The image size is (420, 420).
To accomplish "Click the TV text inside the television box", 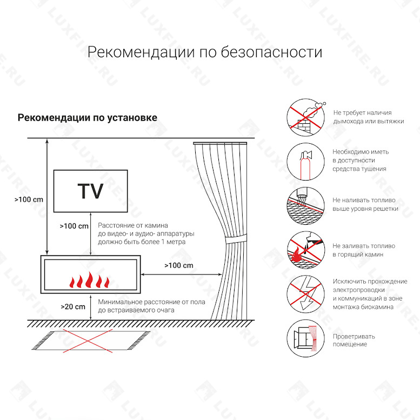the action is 90,191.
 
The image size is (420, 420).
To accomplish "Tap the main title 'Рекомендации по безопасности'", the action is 205,52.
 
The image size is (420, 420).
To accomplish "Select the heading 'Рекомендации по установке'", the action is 88,118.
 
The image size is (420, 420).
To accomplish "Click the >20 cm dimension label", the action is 73,306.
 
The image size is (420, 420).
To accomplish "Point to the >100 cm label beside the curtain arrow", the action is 179,265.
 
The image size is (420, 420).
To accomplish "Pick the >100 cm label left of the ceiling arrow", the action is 29,199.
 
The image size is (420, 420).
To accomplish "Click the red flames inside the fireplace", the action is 90,280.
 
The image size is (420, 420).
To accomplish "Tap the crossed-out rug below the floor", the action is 90,341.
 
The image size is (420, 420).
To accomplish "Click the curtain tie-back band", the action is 236,238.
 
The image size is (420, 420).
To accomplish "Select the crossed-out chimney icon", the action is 305,117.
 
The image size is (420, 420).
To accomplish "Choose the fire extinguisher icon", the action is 305,162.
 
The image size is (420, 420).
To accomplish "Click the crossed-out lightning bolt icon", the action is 305,294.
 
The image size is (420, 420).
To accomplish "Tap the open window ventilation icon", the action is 305,338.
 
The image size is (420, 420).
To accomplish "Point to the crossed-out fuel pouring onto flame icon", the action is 305,250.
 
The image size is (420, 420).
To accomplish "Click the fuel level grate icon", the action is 305,206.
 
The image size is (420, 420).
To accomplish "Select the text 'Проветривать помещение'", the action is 354,340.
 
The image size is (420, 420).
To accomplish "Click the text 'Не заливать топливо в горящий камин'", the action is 364,250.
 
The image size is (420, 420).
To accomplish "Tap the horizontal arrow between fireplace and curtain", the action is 181,274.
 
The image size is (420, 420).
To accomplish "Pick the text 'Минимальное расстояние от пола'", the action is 151,302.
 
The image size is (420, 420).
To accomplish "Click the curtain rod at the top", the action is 220,143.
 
